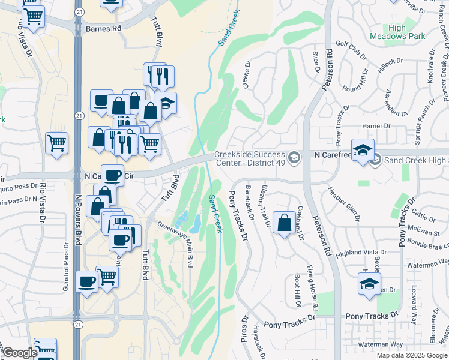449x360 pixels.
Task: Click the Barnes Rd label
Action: [103, 28]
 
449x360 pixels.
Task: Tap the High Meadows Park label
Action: [406, 32]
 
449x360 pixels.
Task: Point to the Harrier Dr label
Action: [377, 126]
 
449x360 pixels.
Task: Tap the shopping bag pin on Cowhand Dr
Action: [283, 224]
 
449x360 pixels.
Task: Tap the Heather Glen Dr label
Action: [346, 208]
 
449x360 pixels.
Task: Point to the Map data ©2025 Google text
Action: [411, 355]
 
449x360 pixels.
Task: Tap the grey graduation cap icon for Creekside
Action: [294, 158]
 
